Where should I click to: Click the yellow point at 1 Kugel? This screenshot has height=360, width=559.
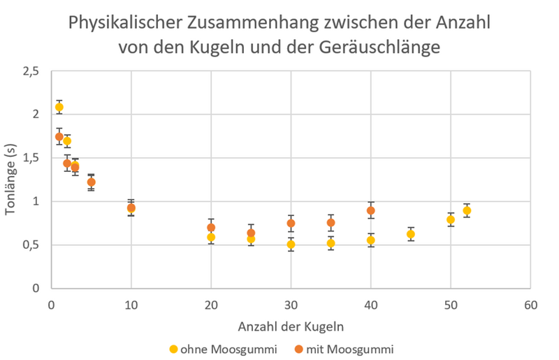click(59, 107)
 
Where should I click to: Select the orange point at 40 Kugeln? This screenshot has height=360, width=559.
click(371, 210)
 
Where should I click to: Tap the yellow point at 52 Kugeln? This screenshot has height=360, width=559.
click(467, 210)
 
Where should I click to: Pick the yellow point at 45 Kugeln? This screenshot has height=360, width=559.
click(411, 234)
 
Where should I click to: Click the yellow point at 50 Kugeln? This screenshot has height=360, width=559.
click(451, 219)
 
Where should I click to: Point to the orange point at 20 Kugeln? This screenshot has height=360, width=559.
click(211, 227)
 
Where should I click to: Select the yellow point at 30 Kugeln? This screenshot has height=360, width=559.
click(291, 245)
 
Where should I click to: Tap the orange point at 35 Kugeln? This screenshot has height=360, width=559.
click(331, 223)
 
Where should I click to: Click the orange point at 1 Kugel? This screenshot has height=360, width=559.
click(59, 136)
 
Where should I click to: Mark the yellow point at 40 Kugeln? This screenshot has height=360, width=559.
click(371, 240)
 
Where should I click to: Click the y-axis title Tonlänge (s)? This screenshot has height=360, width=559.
click(10, 180)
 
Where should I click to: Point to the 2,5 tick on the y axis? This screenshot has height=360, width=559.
click(31, 71)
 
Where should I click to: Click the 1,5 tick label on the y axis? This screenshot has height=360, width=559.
click(31, 158)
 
